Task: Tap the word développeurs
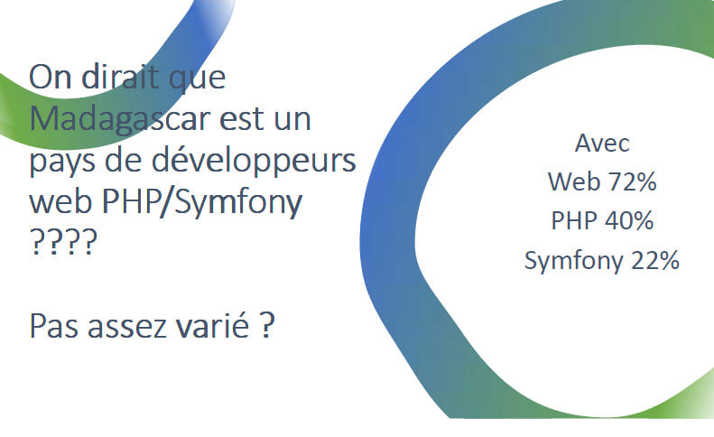point(254,161)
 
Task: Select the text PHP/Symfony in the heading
point(202,202)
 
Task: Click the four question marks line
point(64,241)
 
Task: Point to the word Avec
point(602,143)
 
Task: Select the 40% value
point(629,220)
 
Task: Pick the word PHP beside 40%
point(574,220)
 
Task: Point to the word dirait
point(121,77)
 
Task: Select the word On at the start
point(50,78)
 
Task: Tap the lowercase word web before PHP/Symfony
point(61,202)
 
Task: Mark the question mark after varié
point(268,325)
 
